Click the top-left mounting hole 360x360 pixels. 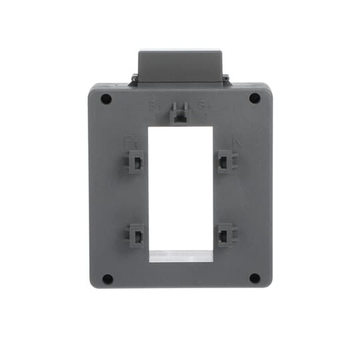(106, 99)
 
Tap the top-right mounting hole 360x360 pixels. (255, 98)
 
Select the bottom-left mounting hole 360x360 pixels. (107, 279)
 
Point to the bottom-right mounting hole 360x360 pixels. (255, 278)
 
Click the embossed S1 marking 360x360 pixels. (153, 106)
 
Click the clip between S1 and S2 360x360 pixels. (180, 112)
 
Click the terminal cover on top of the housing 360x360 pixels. (180, 67)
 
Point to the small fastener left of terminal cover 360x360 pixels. (134, 77)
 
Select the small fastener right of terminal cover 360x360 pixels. (226, 77)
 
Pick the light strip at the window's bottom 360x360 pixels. (181, 256)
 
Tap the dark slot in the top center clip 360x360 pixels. (179, 117)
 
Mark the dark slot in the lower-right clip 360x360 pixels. (224, 236)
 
